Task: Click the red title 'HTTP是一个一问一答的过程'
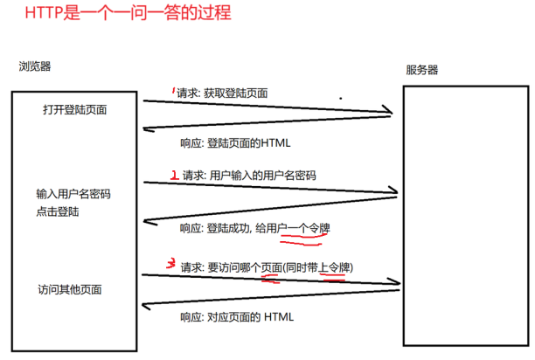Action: tap(123, 15)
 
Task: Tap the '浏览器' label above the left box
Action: tap(34, 66)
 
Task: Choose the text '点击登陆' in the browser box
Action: tap(57, 211)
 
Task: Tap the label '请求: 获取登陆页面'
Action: tap(222, 93)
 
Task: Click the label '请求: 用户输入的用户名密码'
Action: tap(248, 175)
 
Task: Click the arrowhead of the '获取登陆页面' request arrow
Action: tap(388, 111)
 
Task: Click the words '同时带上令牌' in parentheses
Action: tap(319, 267)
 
